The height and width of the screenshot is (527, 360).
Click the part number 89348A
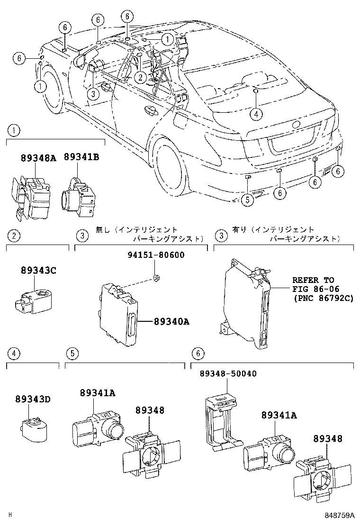(x=38, y=158)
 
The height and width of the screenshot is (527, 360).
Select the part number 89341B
(x=81, y=158)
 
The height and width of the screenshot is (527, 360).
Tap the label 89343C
(x=38, y=270)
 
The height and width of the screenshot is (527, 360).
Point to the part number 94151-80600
(x=156, y=255)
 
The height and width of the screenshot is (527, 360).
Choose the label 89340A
(x=171, y=322)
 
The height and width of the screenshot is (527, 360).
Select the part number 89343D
(x=38, y=399)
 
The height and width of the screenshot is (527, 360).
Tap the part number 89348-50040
(x=227, y=373)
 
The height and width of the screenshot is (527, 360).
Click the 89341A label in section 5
(x=98, y=392)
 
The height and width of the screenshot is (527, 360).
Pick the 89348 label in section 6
(x=326, y=439)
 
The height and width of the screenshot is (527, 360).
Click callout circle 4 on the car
(x=255, y=113)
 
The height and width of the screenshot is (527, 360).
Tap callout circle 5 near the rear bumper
(x=246, y=200)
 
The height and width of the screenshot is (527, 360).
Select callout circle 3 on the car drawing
(x=94, y=94)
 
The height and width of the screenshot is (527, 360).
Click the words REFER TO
(x=313, y=280)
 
